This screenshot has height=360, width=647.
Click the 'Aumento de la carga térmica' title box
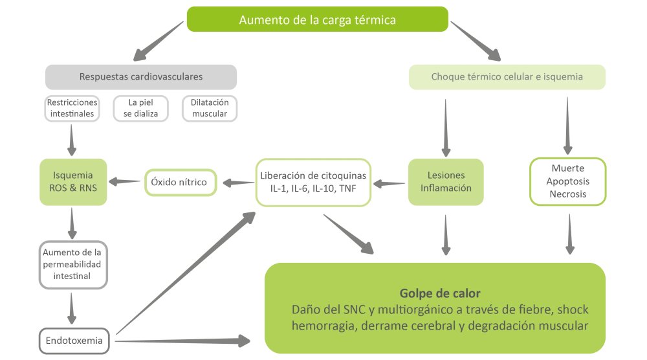[x=317, y=19]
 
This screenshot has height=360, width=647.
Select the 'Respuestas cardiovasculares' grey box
[x=140, y=76]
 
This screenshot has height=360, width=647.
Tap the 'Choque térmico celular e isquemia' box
[x=507, y=76]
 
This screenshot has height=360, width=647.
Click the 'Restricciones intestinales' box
[x=72, y=108]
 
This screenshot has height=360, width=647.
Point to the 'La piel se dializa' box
[x=140, y=108]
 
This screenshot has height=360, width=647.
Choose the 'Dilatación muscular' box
[x=209, y=108]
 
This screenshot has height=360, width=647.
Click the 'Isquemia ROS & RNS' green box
[x=72, y=182]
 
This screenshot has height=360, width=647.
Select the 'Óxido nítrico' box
[x=179, y=182]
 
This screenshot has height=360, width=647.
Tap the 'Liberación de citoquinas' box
[x=313, y=182]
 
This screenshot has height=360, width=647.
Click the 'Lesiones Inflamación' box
[x=446, y=182]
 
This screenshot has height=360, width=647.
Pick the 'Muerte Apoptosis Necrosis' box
[x=568, y=182]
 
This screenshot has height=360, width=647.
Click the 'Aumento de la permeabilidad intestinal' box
[x=72, y=264]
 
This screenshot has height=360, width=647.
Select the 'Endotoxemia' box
[x=72, y=340]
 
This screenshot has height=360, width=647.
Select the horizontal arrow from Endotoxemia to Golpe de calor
[x=181, y=340]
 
